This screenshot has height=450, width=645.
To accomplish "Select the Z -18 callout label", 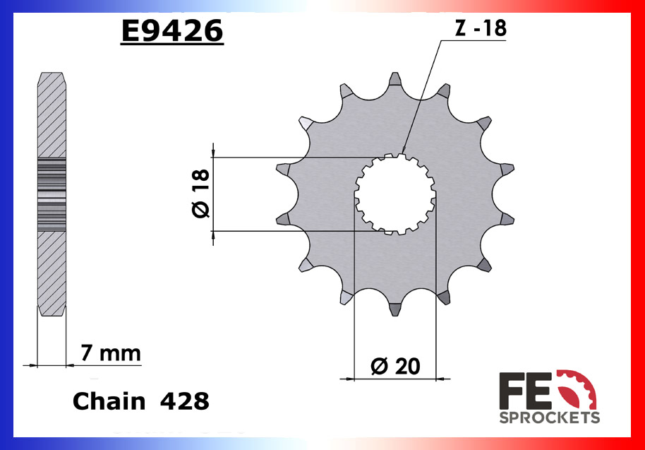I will pyautogui.click(x=479, y=28).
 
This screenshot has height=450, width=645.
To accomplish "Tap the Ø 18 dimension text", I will pyautogui.click(x=200, y=194).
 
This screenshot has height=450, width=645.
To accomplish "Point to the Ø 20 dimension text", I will pyautogui.click(x=395, y=365).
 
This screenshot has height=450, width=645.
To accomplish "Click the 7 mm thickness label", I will pyautogui.click(x=111, y=353).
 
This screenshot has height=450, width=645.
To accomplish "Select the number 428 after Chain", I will pyautogui.click(x=184, y=401).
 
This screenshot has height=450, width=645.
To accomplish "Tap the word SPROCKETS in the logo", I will pyautogui.click(x=550, y=418).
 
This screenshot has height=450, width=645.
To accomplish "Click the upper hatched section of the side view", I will pyautogui.click(x=51, y=117).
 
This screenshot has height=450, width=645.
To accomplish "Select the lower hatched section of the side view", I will pyautogui.click(x=51, y=272).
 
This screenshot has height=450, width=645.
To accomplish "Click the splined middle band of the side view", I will pyautogui.click(x=51, y=194).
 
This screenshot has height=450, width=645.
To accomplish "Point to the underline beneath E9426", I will pyautogui.click(x=171, y=46).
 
